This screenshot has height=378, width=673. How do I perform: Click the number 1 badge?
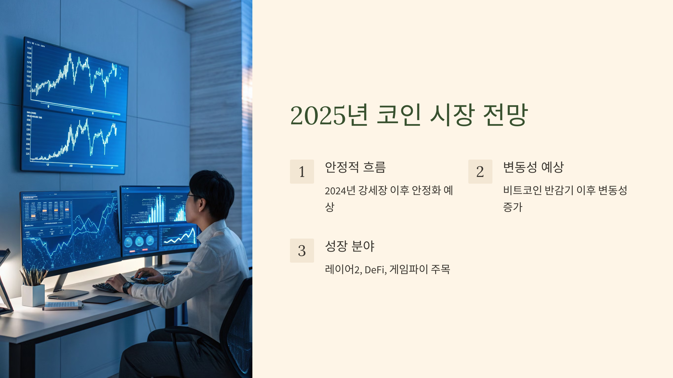(x=302, y=172)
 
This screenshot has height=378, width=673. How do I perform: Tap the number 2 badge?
(x=480, y=172)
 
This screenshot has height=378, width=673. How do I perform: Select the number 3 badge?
(x=302, y=251)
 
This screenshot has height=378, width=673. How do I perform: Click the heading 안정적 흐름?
(x=355, y=167)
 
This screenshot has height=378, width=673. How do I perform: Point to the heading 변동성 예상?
(x=533, y=167)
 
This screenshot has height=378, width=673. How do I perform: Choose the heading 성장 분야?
(x=350, y=246)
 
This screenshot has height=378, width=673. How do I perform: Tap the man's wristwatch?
(x=127, y=287)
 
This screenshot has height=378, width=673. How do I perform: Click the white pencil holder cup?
(x=33, y=295)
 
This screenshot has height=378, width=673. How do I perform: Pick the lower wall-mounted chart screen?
(x=73, y=141)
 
